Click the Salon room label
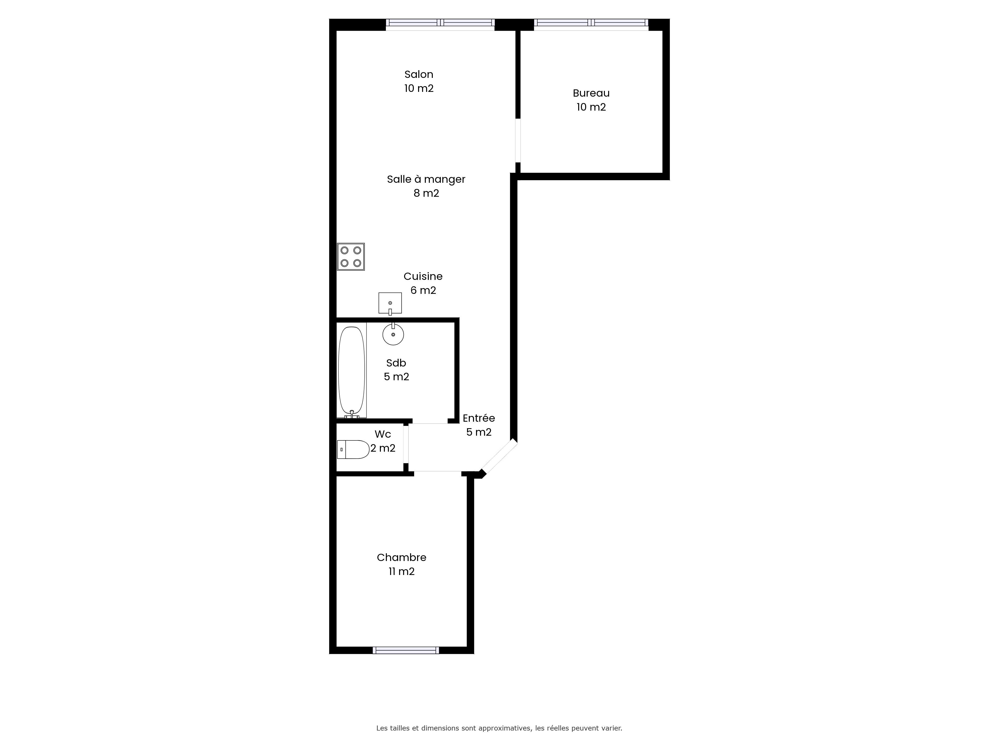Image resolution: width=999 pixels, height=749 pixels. point(419,74)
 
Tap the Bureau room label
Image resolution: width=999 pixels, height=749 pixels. point(591,93)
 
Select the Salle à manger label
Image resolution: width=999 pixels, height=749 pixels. point(426,179)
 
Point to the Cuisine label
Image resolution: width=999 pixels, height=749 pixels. point(423,276)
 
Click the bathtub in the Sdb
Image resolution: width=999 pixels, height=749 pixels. point(352,371)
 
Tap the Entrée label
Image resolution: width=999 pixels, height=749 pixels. point(479,418)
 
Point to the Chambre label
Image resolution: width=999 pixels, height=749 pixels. point(402,558)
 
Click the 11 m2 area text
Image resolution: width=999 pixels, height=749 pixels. point(402,571)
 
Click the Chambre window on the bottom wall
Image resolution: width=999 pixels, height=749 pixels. point(406,650)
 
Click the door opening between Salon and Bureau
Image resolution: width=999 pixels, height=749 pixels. point(518,140)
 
